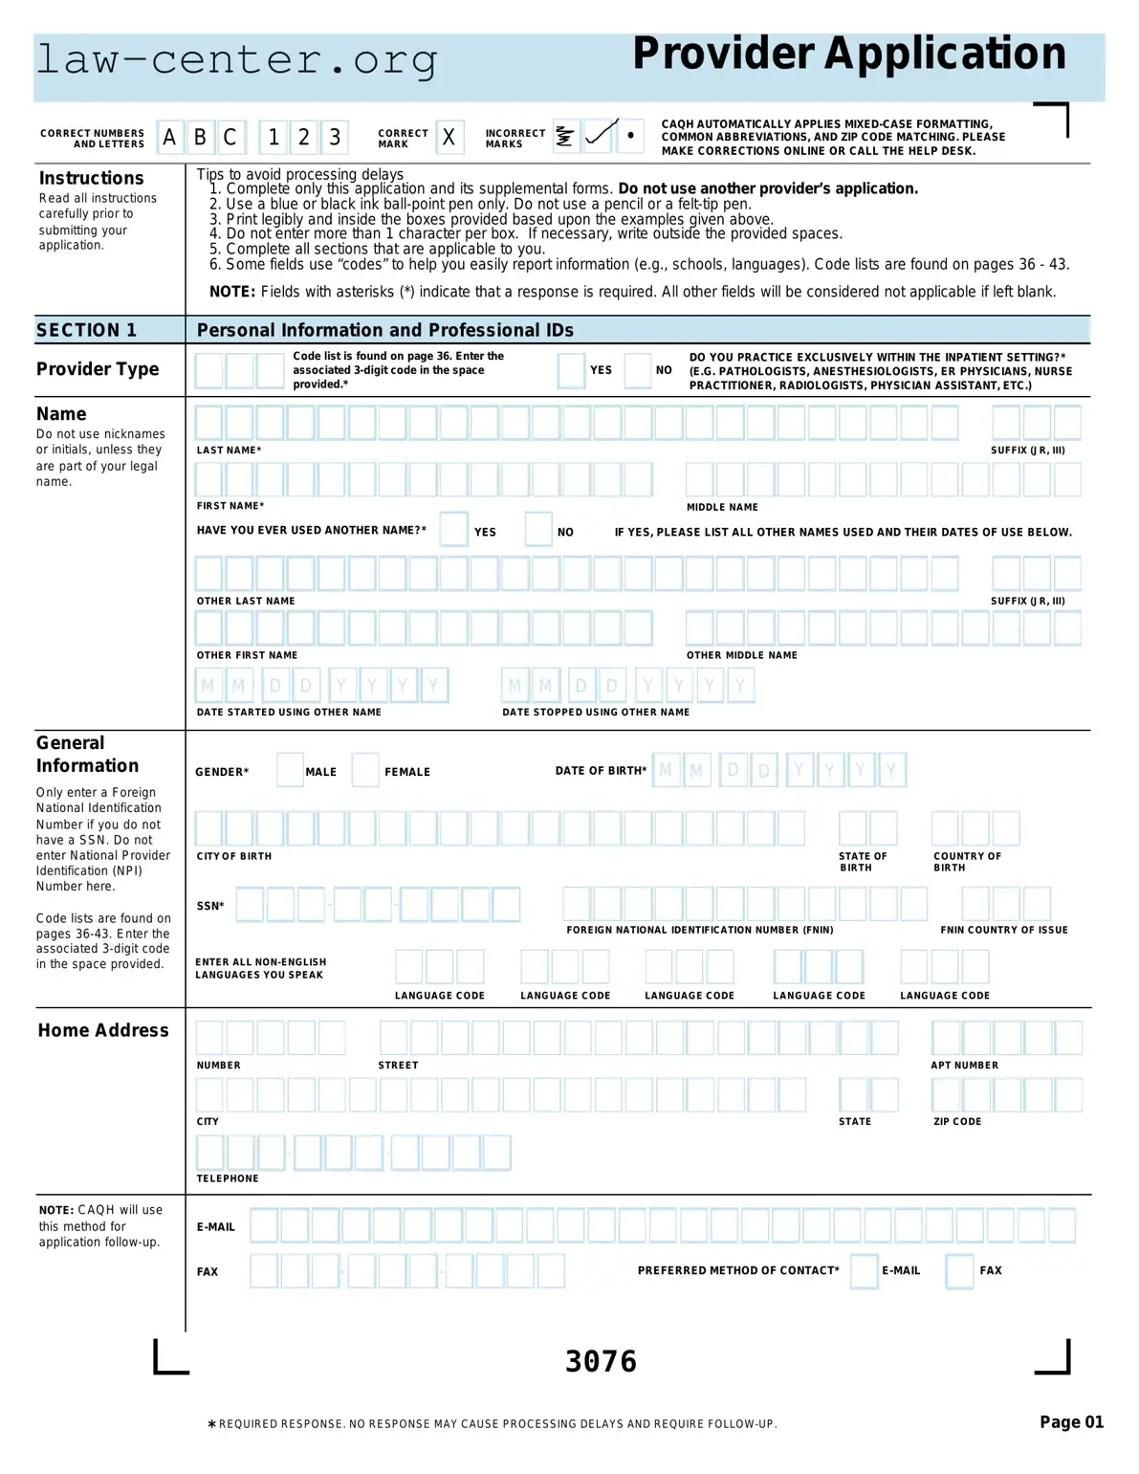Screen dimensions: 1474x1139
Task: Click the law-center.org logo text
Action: (x=236, y=60)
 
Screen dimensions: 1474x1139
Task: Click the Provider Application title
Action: (x=848, y=55)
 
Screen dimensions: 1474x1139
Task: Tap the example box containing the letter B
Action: (x=200, y=138)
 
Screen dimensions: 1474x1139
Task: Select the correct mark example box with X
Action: (x=449, y=138)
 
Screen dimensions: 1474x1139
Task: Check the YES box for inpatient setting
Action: (x=571, y=370)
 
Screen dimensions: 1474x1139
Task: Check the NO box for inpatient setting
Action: (x=637, y=370)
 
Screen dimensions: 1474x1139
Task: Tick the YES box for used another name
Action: (x=453, y=530)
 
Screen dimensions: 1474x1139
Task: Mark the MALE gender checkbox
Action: (x=290, y=770)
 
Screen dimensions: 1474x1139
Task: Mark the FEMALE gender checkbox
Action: (x=365, y=770)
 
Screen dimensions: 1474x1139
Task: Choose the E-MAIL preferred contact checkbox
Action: (x=864, y=1271)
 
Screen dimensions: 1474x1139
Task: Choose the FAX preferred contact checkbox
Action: (x=959, y=1271)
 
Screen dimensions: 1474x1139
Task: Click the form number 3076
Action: (x=601, y=1361)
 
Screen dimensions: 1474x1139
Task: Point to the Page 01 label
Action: (x=1071, y=1422)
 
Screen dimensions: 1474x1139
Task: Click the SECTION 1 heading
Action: (x=87, y=330)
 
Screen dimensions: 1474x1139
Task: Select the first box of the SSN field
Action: (x=250, y=904)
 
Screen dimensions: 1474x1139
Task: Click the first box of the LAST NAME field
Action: (x=208, y=423)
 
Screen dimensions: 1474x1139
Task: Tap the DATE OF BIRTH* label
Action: (x=601, y=771)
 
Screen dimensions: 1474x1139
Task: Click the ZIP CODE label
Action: (x=957, y=1121)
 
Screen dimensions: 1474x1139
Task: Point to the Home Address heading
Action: (x=103, y=1030)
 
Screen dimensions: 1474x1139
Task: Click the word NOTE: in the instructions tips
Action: (x=232, y=292)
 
